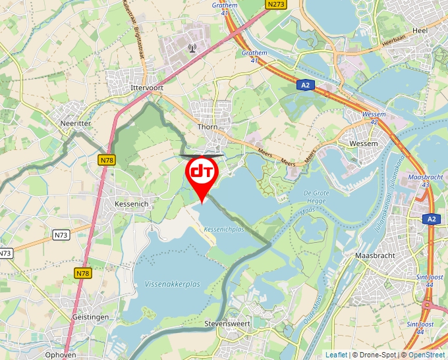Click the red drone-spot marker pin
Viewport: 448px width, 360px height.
pos(202,173)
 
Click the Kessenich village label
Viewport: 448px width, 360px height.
pos(134,205)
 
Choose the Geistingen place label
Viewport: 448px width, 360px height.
pos(90,317)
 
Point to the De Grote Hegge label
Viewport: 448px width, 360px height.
pos(316,196)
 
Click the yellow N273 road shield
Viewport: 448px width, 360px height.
pos(277,5)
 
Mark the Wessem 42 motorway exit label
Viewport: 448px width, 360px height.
pos(374,118)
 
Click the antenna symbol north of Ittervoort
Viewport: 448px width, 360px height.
pos(192,47)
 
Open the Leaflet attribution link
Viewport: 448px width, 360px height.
pos(336,355)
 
